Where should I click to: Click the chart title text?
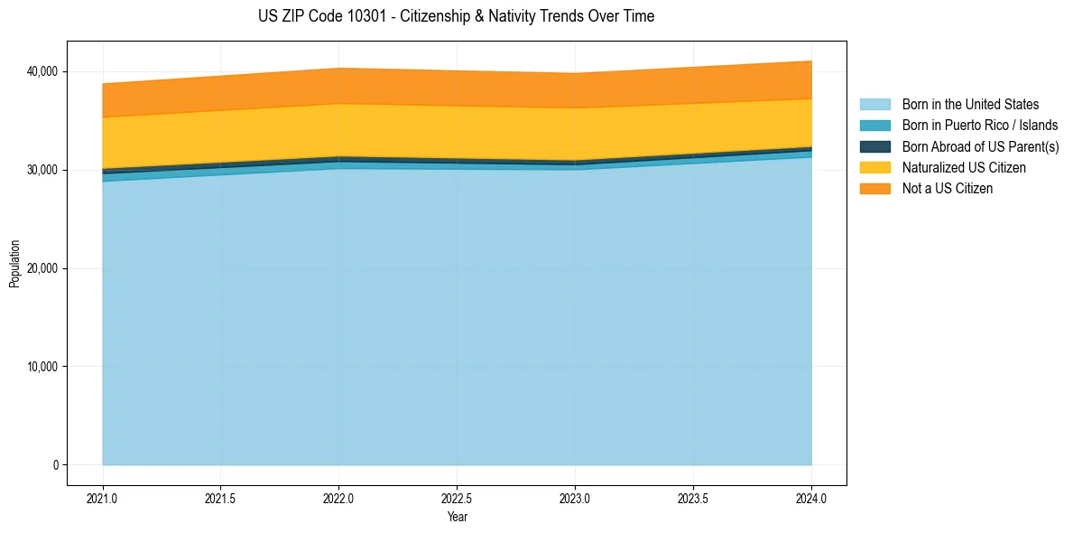coord(456,16)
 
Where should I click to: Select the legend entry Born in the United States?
coord(970,105)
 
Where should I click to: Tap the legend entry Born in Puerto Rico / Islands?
coord(980,126)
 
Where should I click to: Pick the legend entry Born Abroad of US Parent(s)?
coord(980,146)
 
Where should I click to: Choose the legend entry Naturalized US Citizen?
coord(964,168)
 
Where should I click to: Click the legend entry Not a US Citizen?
coord(947,189)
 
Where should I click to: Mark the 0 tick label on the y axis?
coord(55,465)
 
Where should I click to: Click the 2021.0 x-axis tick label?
coord(103,498)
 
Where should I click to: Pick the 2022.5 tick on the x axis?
coord(457,498)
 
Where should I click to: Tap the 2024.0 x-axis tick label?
coord(811,498)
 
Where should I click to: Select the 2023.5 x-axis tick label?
coord(693,498)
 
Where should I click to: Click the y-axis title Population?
coord(14,264)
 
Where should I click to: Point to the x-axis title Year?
coord(457,517)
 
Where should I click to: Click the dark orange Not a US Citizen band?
coord(457,88)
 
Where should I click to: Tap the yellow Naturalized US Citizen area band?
coord(457,133)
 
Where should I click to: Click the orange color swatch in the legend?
coord(874,189)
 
